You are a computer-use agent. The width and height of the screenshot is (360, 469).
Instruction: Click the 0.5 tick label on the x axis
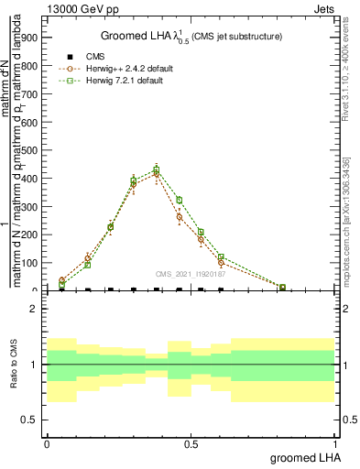[190, 444]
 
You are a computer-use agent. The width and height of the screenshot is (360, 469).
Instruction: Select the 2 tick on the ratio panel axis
[32, 310]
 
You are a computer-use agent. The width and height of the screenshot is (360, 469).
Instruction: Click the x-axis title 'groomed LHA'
[302, 457]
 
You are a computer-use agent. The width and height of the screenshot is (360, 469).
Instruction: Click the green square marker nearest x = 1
[282, 288]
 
